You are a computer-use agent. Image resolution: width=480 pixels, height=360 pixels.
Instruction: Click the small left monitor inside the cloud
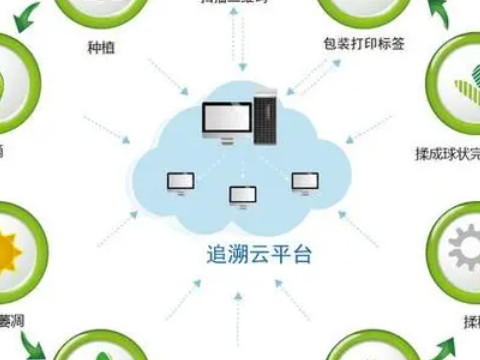(x=180, y=182)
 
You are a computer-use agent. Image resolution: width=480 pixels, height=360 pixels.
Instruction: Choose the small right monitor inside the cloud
(x=304, y=181)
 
